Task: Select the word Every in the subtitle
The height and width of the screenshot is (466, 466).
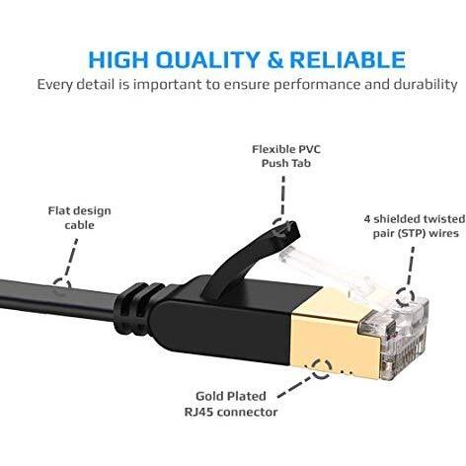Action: coord(54,85)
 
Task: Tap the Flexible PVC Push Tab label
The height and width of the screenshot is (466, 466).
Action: coord(286,156)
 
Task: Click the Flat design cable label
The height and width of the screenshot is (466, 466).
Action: coord(79,218)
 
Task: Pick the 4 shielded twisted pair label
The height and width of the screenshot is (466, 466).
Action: coord(415,226)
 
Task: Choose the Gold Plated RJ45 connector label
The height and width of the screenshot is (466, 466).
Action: coord(231,404)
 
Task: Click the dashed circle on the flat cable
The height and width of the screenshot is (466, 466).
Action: coord(62,286)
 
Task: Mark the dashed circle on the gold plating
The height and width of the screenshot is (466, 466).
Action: coord(321,369)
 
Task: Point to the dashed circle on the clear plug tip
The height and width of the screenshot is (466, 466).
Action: coord(404,296)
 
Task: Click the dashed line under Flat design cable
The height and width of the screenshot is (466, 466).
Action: coord(71,258)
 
